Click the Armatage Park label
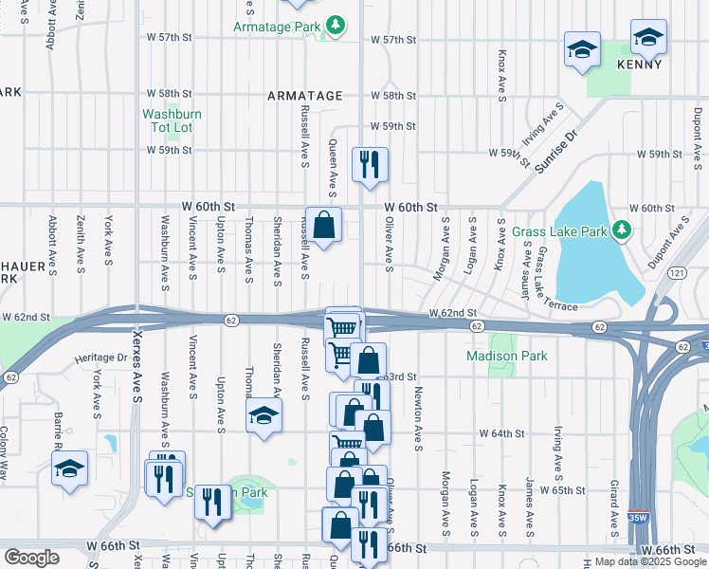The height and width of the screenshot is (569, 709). pyautogui.click(x=277, y=27)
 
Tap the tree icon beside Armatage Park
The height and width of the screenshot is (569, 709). pyautogui.click(x=335, y=24)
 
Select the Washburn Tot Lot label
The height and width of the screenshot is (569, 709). pyautogui.click(x=172, y=120)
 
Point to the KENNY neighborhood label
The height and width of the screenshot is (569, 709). pyautogui.click(x=638, y=64)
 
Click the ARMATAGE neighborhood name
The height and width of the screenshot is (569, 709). pyautogui.click(x=304, y=96)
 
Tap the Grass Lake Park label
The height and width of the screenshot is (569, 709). pyautogui.click(x=560, y=231)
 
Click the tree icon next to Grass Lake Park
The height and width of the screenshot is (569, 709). pyautogui.click(x=621, y=230)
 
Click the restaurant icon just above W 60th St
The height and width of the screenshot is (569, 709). pyautogui.click(x=369, y=163)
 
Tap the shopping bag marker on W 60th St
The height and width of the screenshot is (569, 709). pyautogui.click(x=323, y=226)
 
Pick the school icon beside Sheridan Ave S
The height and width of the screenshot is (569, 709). pyautogui.click(x=264, y=415)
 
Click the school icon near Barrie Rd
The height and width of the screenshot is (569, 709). pyautogui.click(x=69, y=469)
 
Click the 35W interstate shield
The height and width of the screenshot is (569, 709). pyautogui.click(x=638, y=518)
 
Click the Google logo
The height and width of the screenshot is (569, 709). pyautogui.click(x=31, y=558)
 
